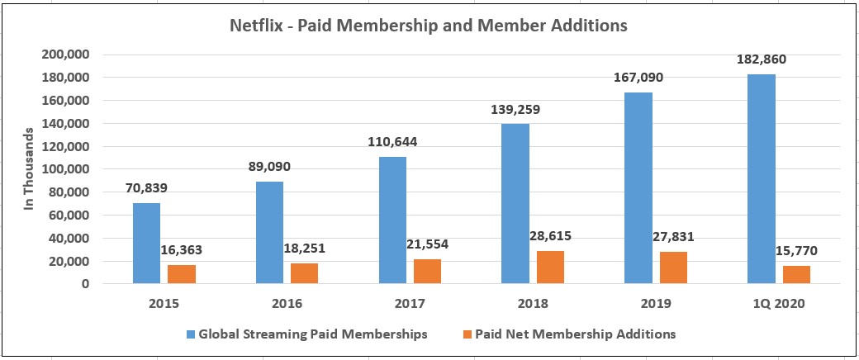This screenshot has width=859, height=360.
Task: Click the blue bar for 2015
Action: [146, 244]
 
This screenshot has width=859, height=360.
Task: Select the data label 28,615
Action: [548, 236]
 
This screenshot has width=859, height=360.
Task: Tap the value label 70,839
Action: [146, 188]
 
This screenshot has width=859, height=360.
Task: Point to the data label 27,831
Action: [672, 237]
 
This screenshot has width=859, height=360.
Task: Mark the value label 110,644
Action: [392, 143]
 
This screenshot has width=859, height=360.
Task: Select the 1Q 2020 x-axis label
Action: [777, 304]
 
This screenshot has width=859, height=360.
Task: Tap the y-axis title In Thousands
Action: [29, 169]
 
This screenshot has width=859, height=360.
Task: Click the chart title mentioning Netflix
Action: [428, 26]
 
